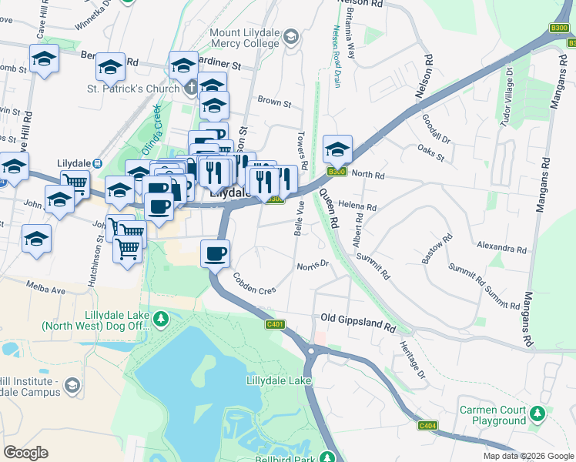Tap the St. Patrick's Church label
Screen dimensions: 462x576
[132, 89]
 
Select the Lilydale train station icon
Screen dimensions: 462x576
[98, 164]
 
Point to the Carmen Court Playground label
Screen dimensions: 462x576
[489, 415]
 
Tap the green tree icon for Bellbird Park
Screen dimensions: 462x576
[327, 457]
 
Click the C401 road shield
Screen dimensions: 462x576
[275, 324]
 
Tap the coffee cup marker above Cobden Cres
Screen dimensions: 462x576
[215, 253]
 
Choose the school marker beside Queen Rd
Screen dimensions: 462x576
[337, 148]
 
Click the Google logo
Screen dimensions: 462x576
[25, 453]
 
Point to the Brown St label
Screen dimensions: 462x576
[274, 102]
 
